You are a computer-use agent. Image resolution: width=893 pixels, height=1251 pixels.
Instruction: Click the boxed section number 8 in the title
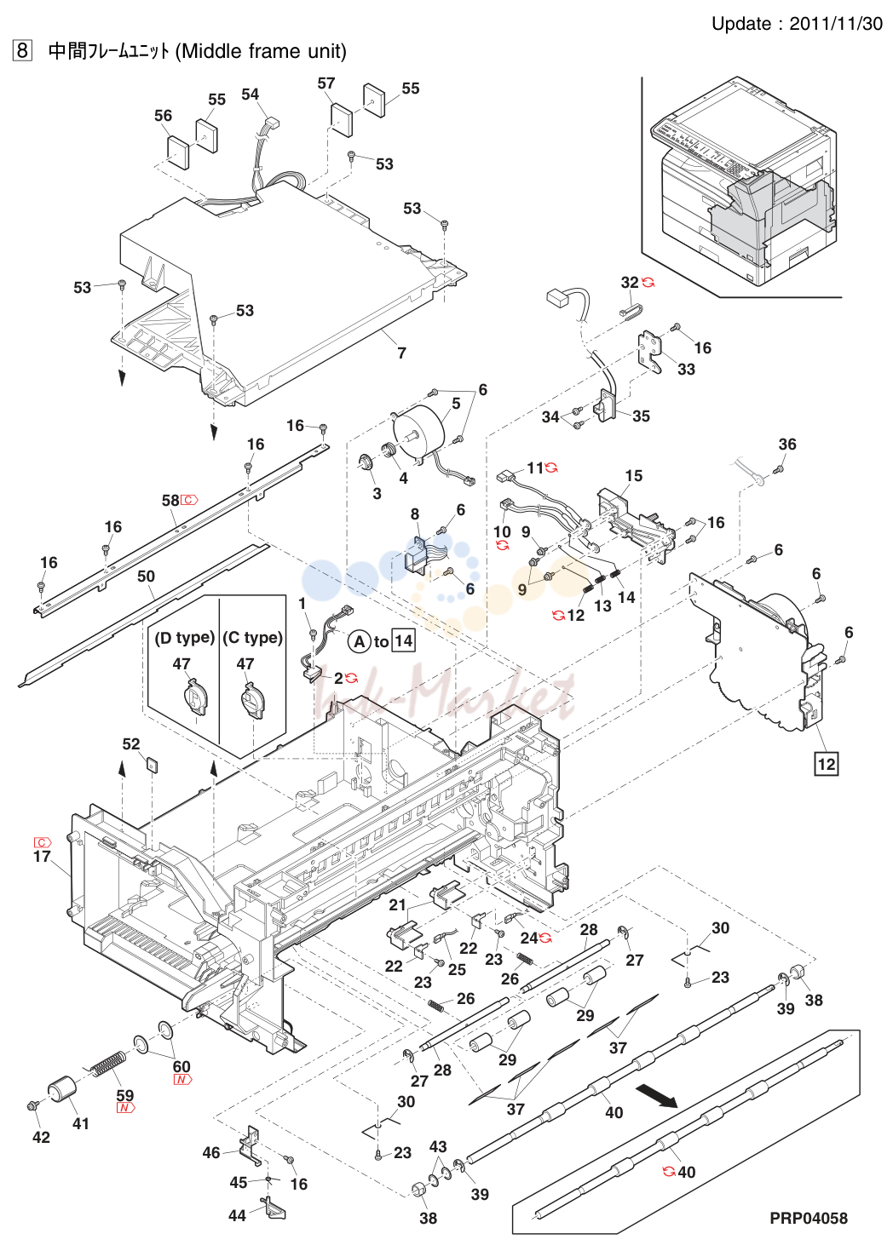pyautogui.click(x=22, y=51)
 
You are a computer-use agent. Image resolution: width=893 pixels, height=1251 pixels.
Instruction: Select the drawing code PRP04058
pyautogui.click(x=808, y=1218)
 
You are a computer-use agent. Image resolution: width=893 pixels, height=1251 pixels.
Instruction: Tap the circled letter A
pyautogui.click(x=360, y=642)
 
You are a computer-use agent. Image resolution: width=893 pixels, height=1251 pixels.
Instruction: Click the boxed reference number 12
pyautogui.click(x=826, y=763)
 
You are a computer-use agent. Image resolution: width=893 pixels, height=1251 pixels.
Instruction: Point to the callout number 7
pyautogui.click(x=401, y=353)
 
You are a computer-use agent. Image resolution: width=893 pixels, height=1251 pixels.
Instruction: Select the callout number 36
pyautogui.click(x=786, y=444)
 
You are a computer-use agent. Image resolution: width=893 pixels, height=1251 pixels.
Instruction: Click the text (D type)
pyautogui.click(x=184, y=638)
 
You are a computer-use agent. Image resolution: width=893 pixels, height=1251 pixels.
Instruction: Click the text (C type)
pyautogui.click(x=252, y=638)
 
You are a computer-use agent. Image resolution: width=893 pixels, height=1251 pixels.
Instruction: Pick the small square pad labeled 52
pyautogui.click(x=152, y=763)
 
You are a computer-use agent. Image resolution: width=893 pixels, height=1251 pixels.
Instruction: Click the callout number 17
pyautogui.click(x=42, y=856)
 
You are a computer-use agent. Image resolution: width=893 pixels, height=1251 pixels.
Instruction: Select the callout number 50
pyautogui.click(x=146, y=576)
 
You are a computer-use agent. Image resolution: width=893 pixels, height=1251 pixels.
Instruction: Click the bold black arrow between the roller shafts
pyautogui.click(x=657, y=1097)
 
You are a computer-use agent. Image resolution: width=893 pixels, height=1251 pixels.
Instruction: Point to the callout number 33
pyautogui.click(x=686, y=369)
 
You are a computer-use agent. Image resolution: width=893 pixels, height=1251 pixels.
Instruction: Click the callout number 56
pyautogui.click(x=163, y=116)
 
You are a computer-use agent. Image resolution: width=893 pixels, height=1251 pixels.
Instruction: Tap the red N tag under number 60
pyautogui.click(x=182, y=1080)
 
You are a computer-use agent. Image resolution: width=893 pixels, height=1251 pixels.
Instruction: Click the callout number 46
pyautogui.click(x=211, y=1152)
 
